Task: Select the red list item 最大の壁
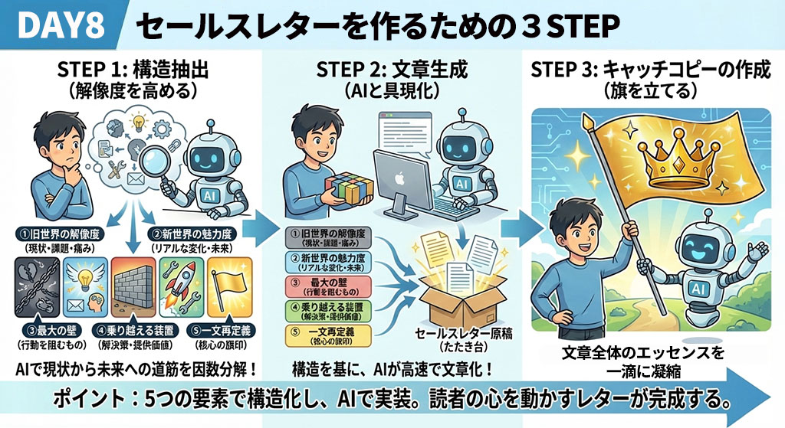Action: [327, 286]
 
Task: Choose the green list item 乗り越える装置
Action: [327, 310]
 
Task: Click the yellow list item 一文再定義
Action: [327, 335]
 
